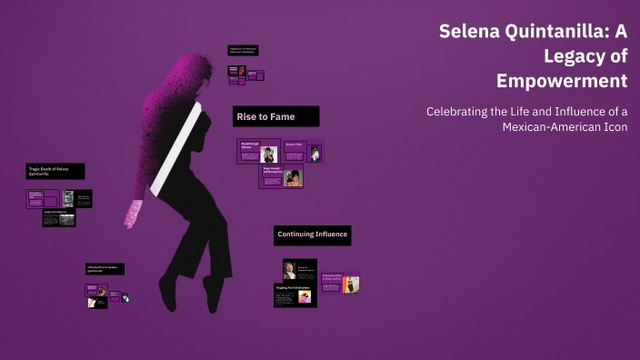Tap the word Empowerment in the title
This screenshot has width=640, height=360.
click(562, 81)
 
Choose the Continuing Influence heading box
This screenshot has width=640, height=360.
click(312, 235)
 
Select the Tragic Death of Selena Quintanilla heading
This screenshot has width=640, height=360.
click(55, 171)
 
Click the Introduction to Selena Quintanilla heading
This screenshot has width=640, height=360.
click(105, 269)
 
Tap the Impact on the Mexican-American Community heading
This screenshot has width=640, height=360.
click(242, 50)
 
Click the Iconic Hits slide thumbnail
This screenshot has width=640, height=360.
click(303, 152)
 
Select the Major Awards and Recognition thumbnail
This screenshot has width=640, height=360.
click(281, 175)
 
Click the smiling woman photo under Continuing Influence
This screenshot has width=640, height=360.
click(289, 269)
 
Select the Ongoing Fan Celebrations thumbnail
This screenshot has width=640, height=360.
click(295, 295)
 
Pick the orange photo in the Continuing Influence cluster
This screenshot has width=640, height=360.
click(351, 284)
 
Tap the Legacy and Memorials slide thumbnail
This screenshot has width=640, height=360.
click(58, 218)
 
